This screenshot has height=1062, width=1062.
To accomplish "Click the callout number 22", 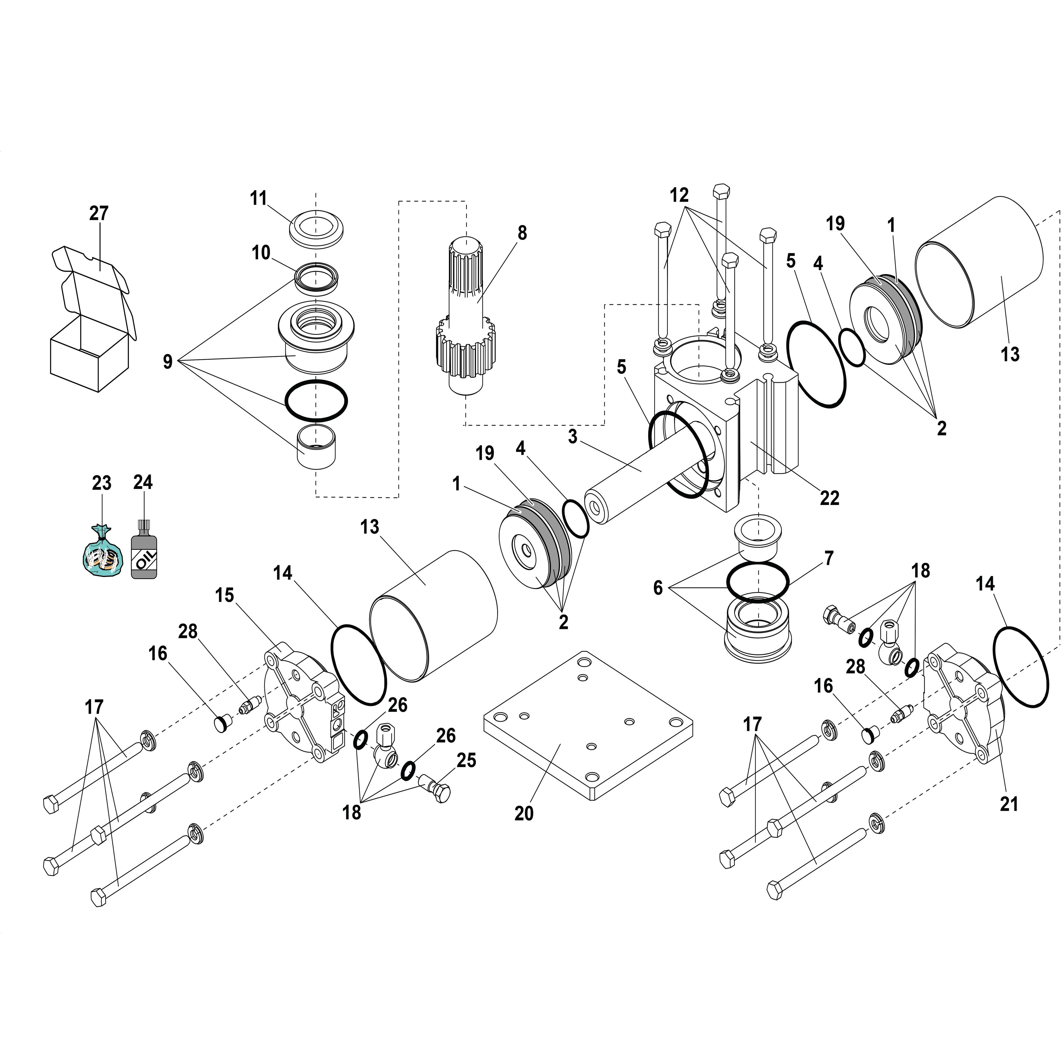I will pos(829,498).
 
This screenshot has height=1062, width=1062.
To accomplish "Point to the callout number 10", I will pos(261,253).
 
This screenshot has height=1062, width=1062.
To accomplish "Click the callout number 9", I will pos(168,362).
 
